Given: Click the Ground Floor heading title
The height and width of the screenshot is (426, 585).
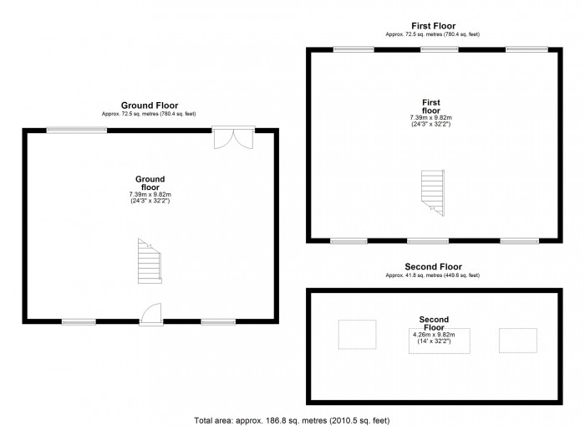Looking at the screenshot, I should tap(149, 105).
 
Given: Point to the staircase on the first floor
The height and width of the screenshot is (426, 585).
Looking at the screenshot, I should tap(433, 193).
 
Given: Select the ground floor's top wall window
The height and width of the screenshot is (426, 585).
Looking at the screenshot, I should tap(76, 130).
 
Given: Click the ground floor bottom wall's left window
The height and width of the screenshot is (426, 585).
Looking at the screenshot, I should tap(79, 321).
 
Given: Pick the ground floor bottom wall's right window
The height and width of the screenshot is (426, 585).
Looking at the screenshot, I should tap(217, 321).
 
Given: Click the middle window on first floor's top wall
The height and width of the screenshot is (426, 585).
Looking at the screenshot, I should tap(433, 49).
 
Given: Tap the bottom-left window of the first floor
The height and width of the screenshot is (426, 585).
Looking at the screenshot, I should tap(348, 241).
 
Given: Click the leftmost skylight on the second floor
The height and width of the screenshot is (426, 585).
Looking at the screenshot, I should tap(356, 335).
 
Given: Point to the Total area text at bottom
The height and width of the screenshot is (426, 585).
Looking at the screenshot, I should tap(292, 419).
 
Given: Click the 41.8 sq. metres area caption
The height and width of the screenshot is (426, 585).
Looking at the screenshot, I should tap(432, 275).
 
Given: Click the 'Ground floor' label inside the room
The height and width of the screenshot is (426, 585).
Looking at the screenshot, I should tap(150, 183).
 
